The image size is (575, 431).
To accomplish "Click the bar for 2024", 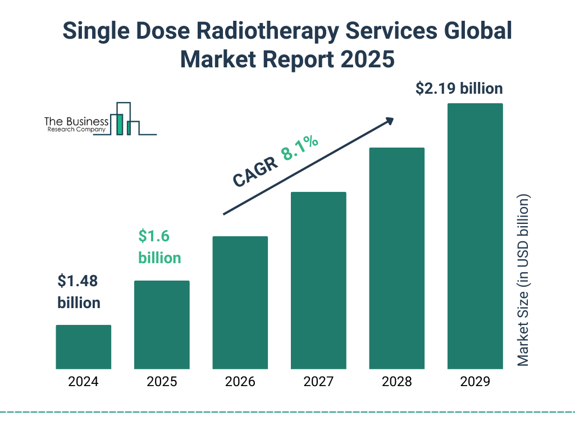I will pos(83,347).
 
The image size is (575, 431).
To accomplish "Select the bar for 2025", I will pos(162,324).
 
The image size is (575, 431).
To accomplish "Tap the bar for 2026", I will pos(240,302).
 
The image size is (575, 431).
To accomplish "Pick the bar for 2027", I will pos(318,281).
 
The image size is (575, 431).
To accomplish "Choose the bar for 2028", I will pos(396,258).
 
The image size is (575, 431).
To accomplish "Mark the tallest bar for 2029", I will pos(475,236).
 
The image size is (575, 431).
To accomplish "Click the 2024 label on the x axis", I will pos(83,382).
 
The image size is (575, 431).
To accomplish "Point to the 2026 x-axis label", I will pos(240,382).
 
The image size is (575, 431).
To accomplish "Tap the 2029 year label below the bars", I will pos(475,382).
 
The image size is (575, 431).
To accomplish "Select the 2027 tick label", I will pos(318,382).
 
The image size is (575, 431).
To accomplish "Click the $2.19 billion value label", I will pos(459,89).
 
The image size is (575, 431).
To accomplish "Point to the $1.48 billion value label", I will pos(79,292).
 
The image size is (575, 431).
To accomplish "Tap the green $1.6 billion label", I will pos(159,247).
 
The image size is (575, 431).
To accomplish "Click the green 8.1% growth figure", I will pos(300,148).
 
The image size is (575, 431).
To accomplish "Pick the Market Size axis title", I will pos(523,281).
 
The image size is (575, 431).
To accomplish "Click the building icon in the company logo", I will pos(126,120).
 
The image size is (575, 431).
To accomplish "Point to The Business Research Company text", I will pos(76,125).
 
